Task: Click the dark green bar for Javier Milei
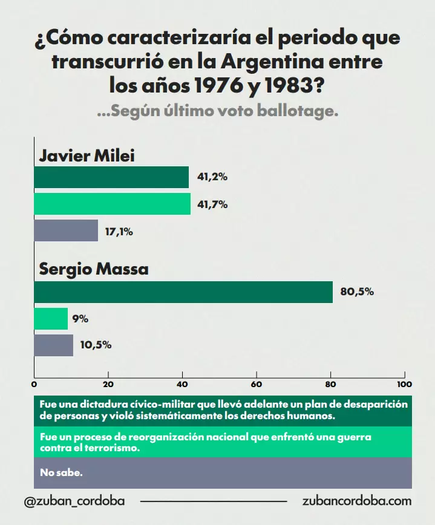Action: click(x=111, y=177)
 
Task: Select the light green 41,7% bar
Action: click(x=112, y=204)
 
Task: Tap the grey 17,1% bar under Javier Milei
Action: click(x=66, y=231)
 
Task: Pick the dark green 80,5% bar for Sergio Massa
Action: click(x=183, y=292)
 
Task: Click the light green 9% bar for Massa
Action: click(x=51, y=319)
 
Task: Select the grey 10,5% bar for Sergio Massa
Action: click(x=53, y=345)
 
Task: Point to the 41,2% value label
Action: click(x=212, y=177)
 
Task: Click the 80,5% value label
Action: click(x=357, y=292)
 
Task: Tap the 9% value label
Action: click(x=80, y=319)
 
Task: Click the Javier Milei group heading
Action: click(x=87, y=156)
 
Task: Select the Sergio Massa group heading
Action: click(x=94, y=269)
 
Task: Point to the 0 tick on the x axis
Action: click(x=34, y=384)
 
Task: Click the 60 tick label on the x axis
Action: click(x=257, y=384)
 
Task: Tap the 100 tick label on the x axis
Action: click(x=404, y=384)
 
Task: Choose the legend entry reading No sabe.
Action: click(x=61, y=472)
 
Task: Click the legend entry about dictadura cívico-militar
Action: click(x=223, y=410)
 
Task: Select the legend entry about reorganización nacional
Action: click(x=206, y=442)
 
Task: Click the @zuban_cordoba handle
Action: click(x=76, y=501)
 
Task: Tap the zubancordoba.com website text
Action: click(x=356, y=501)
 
